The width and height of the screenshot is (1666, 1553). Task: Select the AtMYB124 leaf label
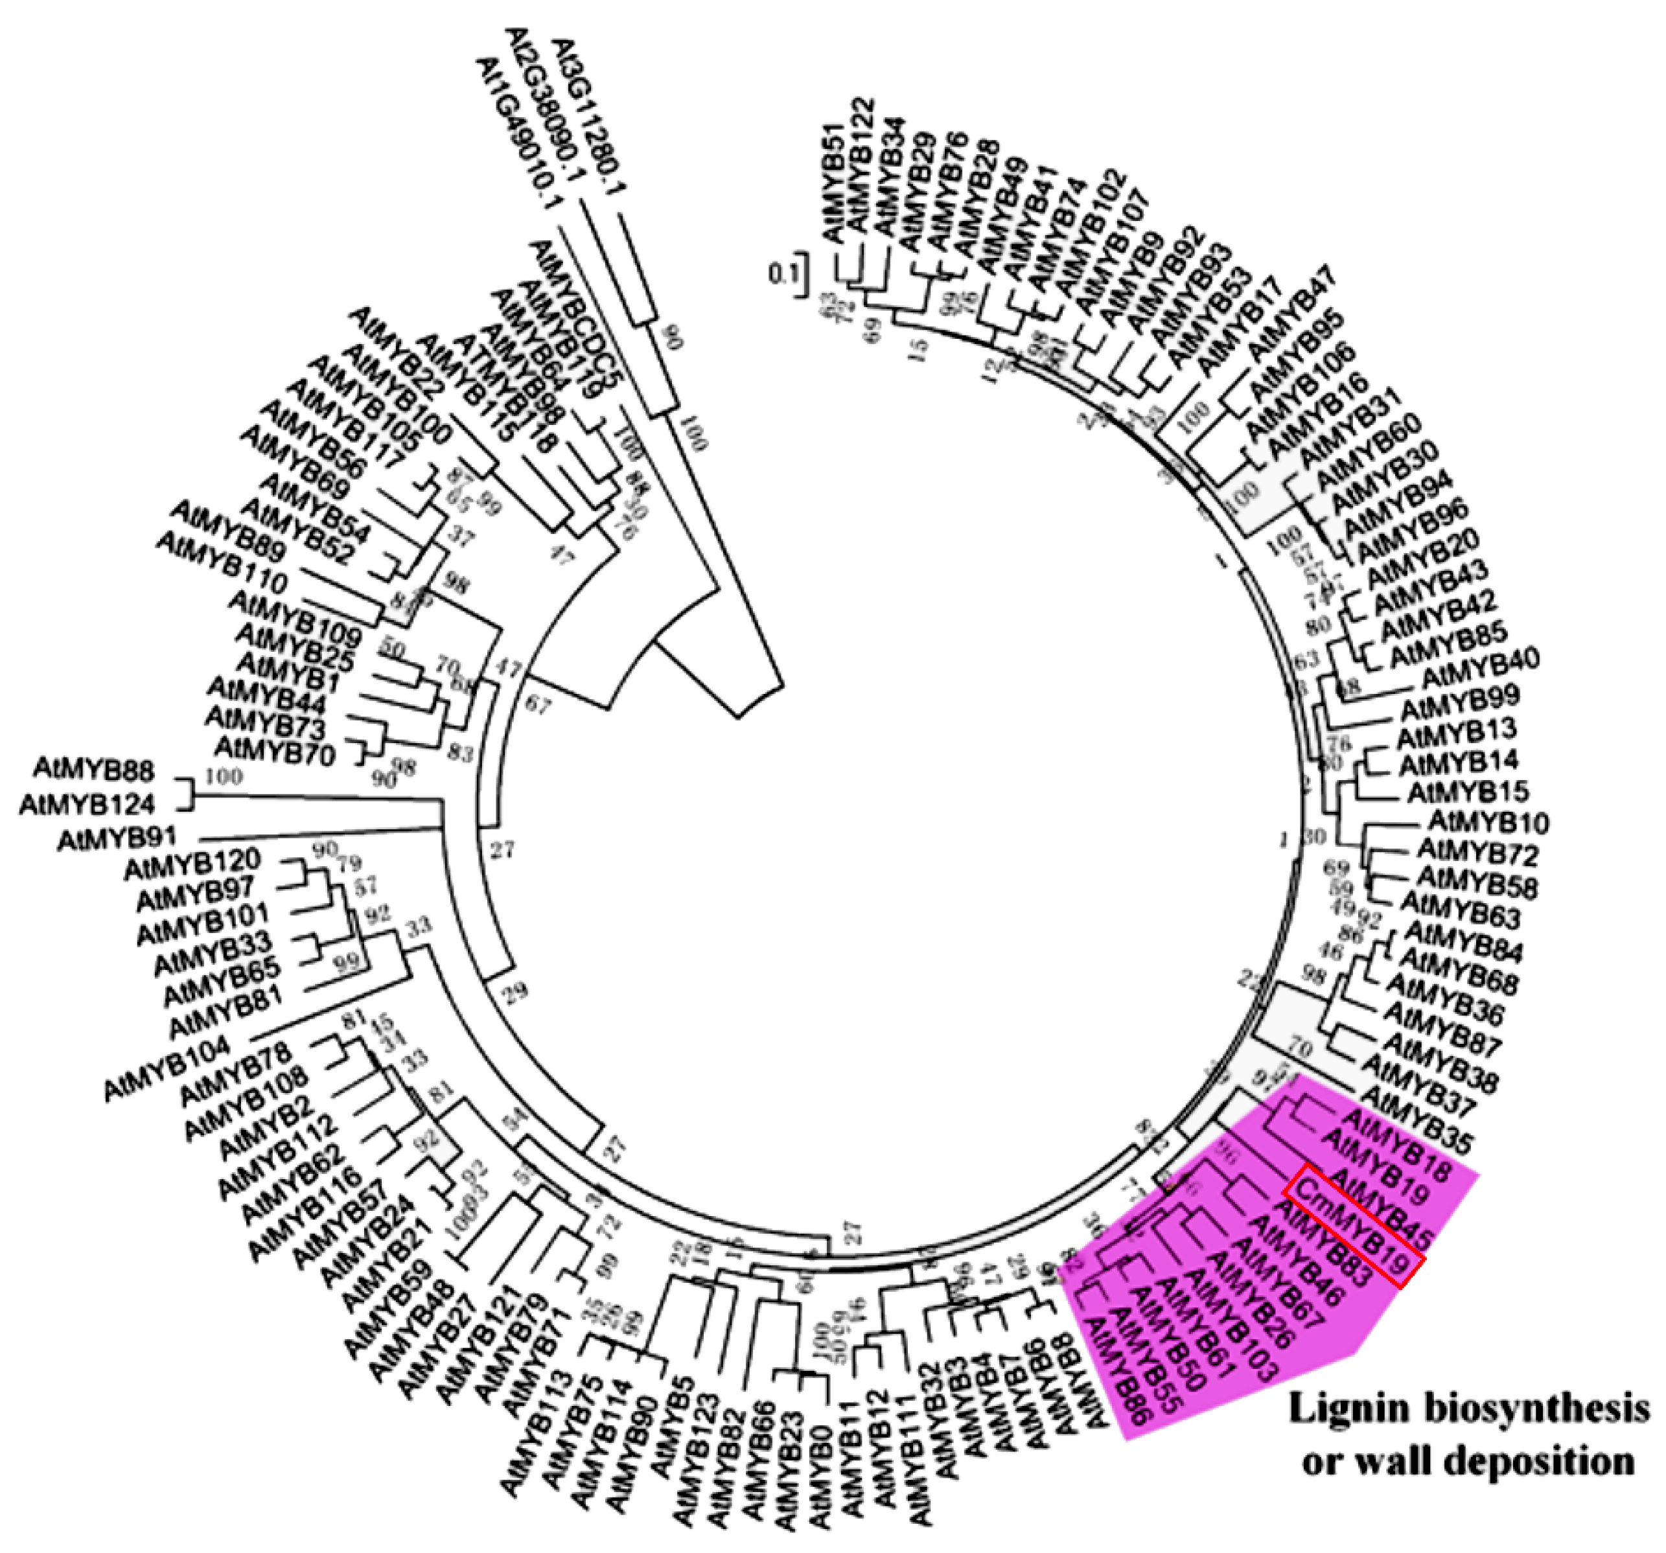(87, 805)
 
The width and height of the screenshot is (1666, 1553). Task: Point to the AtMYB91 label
(114, 839)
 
